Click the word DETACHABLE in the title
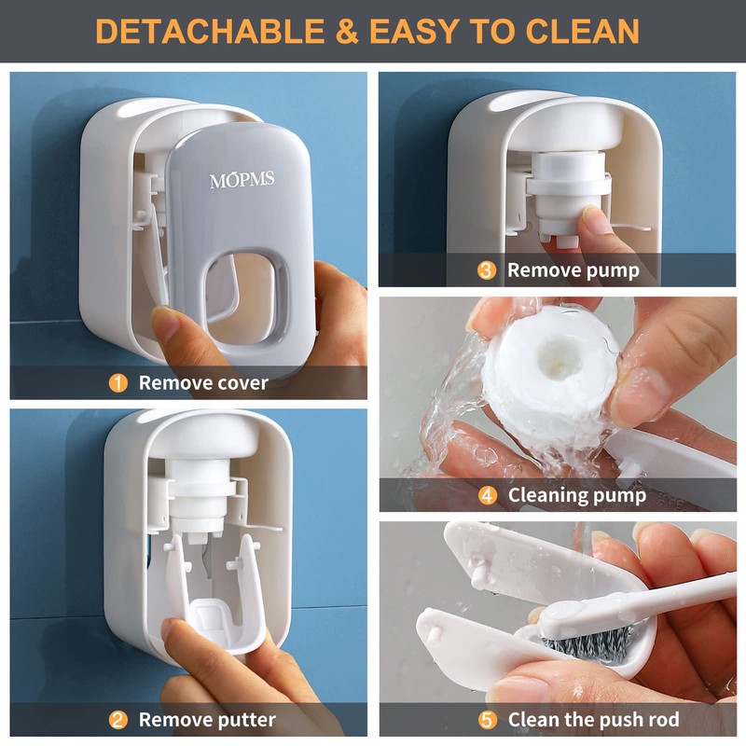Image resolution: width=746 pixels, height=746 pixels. coord(204,30)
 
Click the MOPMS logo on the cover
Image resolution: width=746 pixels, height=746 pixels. coord(242,177)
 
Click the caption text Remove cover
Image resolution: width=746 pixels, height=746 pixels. coord(203,382)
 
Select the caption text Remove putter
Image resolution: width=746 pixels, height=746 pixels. coord(207,719)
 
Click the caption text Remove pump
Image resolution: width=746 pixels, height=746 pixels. coord(573,270)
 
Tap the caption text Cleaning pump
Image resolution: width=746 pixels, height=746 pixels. coord(576,494)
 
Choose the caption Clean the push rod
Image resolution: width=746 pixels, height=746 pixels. coord(593,719)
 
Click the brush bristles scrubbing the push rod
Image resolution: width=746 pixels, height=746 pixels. coord(573,643)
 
